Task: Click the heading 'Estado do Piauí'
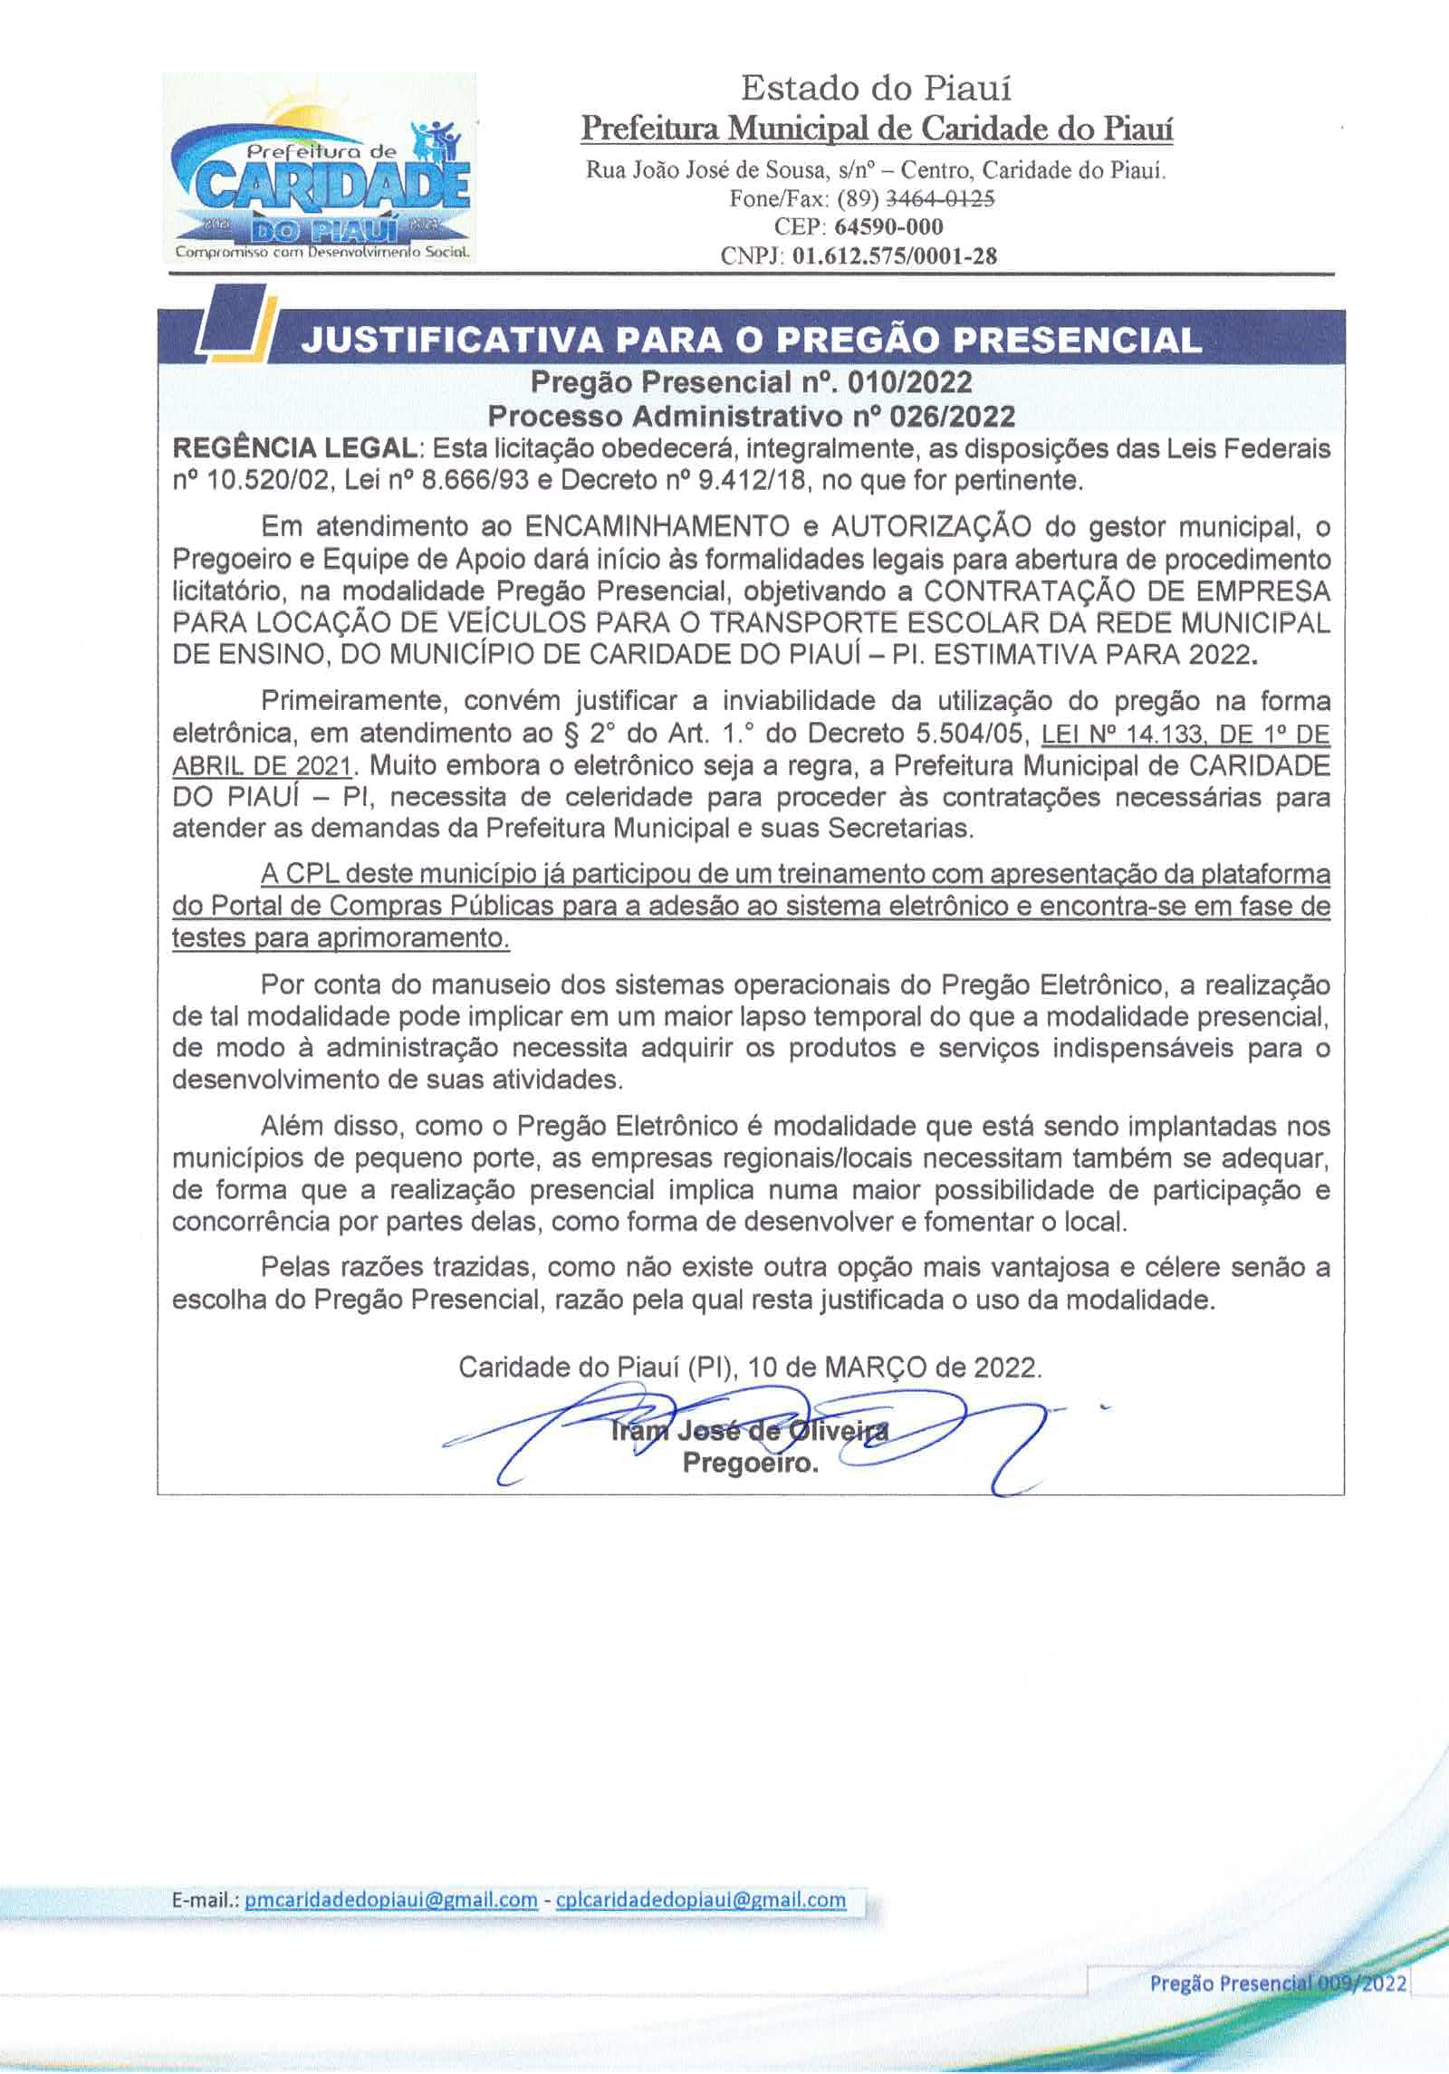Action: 876,89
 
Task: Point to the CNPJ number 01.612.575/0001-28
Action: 894,255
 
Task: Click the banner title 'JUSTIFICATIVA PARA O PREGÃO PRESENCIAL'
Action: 751,339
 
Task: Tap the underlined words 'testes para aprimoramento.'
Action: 341,938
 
